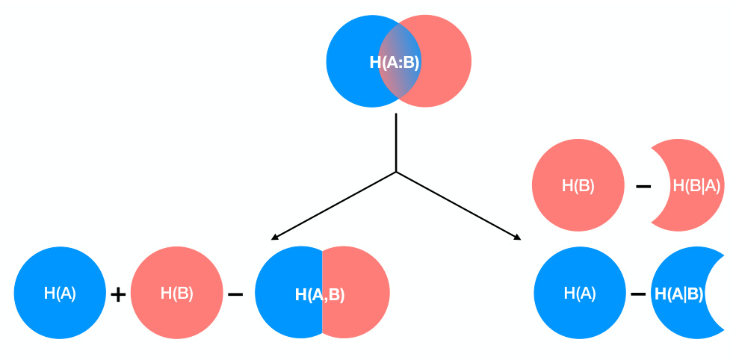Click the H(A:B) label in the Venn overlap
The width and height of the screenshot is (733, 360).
pyautogui.click(x=395, y=63)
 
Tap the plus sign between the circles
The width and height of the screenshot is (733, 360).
pyautogui.click(x=118, y=294)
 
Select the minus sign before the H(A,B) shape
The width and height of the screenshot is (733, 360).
pyautogui.click(x=235, y=294)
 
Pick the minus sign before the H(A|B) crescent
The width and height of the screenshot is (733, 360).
pyautogui.click(x=637, y=294)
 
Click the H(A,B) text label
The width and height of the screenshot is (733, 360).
pyautogui.click(x=320, y=295)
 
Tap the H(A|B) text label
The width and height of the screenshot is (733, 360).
pyautogui.click(x=678, y=294)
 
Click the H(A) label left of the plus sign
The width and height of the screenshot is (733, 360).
pyautogui.click(x=60, y=294)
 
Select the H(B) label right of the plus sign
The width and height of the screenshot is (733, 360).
pyautogui.click(x=177, y=294)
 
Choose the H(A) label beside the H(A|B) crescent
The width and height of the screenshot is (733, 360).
pyautogui.click(x=580, y=294)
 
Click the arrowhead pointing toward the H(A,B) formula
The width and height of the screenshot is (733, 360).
pyautogui.click(x=273, y=238)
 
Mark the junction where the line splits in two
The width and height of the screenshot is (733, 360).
pyautogui.click(x=395, y=172)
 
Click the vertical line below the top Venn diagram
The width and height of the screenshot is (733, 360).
pyautogui.click(x=395, y=142)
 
